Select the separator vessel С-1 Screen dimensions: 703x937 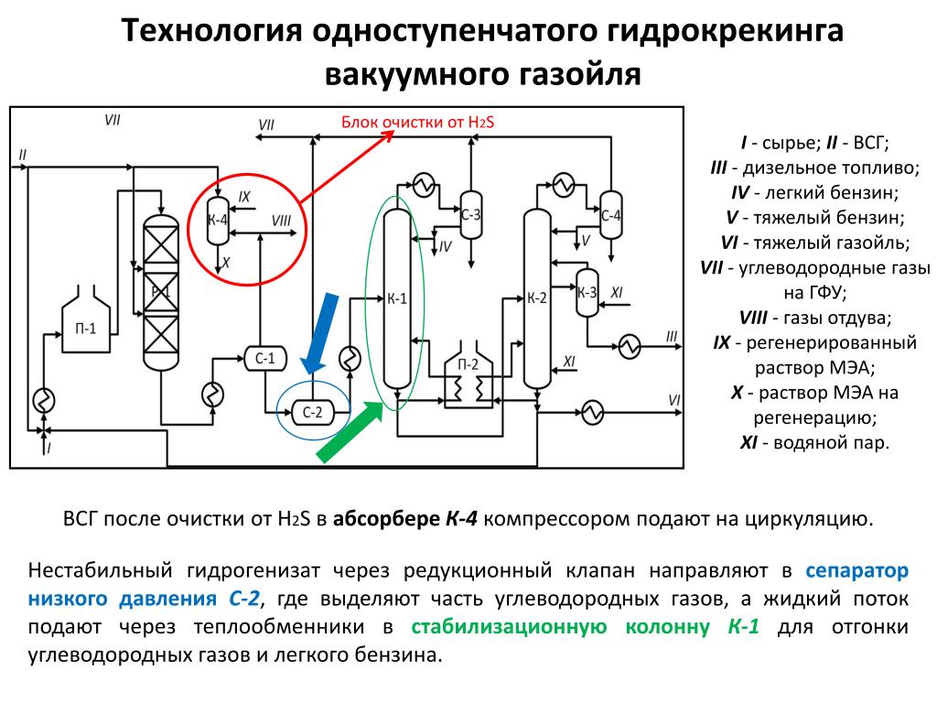point(264,358)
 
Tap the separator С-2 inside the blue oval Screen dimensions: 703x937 point(313,412)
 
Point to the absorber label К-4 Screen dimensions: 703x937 point(217,220)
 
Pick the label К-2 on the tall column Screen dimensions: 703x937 point(537,297)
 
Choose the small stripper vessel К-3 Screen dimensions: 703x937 point(587,292)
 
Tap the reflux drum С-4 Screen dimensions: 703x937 point(610,215)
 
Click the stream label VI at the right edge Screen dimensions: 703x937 point(674,399)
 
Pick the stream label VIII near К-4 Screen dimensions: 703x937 point(282,221)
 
